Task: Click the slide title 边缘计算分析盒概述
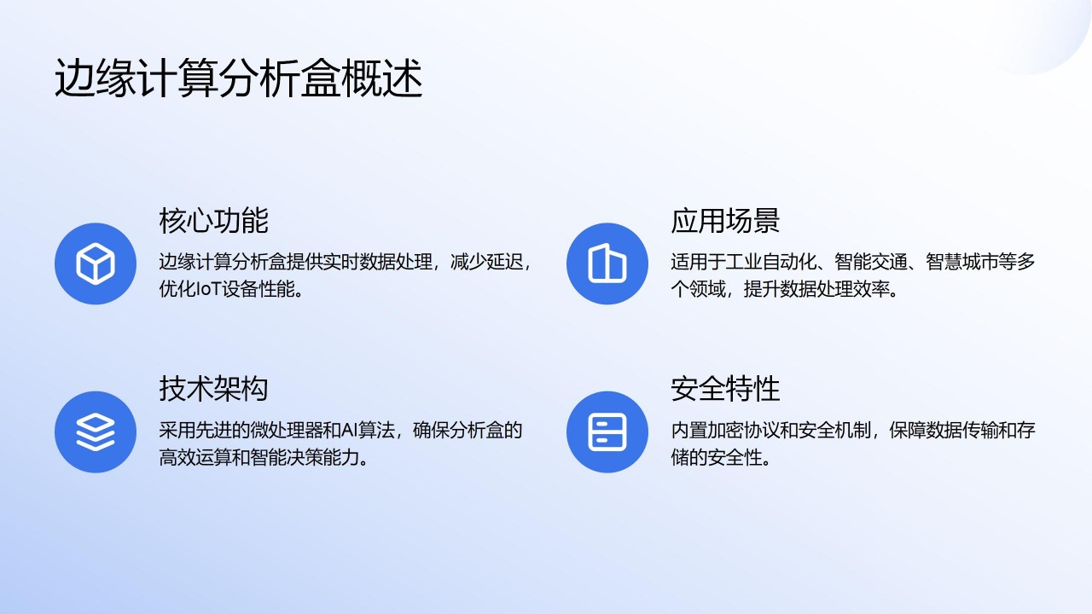click(238, 78)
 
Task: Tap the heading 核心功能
click(213, 221)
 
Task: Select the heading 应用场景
click(725, 221)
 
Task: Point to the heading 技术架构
click(213, 389)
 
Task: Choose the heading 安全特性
click(725, 389)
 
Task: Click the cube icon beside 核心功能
click(96, 264)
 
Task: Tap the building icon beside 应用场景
click(607, 264)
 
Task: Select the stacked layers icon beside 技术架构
click(96, 432)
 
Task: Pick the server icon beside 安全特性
click(607, 432)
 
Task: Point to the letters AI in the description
click(350, 431)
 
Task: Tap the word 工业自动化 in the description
click(770, 262)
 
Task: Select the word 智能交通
click(871, 262)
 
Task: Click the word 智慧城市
click(961, 262)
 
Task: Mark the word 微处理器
click(286, 431)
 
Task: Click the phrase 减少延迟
click(486, 262)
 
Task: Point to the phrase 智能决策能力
click(305, 458)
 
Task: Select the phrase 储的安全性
click(716, 458)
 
